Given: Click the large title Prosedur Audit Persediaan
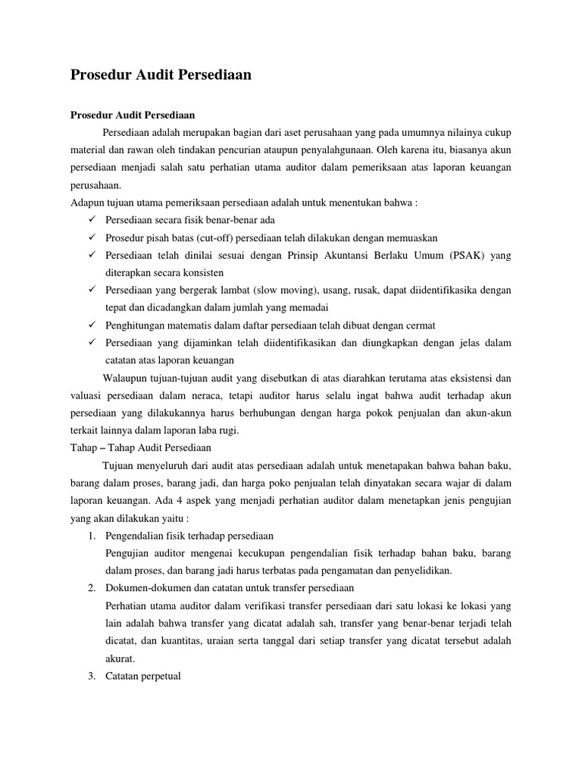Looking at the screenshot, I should (x=161, y=75).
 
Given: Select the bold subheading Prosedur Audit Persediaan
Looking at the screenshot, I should (x=133, y=115).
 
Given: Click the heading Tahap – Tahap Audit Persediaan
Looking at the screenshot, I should (x=141, y=447).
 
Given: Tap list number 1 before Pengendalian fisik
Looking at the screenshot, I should (x=91, y=535).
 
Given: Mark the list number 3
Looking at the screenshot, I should (x=91, y=675).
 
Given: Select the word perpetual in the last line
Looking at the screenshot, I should (x=160, y=675).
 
